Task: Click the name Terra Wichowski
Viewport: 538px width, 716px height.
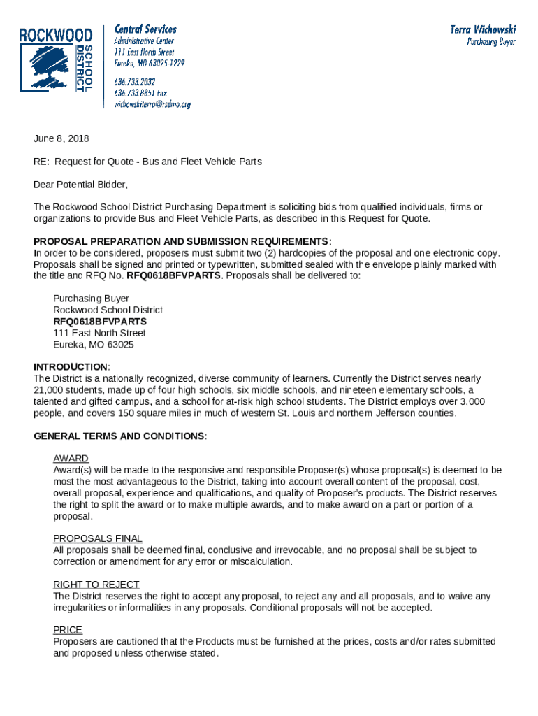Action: click(x=483, y=29)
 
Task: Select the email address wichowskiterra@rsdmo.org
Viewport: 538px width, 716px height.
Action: click(x=152, y=104)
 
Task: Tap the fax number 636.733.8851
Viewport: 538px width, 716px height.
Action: click(x=140, y=93)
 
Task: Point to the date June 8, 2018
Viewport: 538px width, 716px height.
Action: click(x=61, y=138)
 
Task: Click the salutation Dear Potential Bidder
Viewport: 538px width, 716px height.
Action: click(x=81, y=185)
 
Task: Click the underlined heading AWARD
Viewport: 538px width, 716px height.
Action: click(x=71, y=459)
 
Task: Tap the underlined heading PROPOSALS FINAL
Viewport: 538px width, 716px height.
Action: click(x=98, y=538)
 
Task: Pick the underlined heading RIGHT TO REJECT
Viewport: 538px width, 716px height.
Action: click(x=96, y=585)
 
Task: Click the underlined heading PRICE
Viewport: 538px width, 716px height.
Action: click(x=68, y=630)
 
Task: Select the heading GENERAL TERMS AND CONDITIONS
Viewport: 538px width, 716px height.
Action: click(x=119, y=436)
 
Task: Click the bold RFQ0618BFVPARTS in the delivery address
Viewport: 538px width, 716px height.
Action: click(x=100, y=322)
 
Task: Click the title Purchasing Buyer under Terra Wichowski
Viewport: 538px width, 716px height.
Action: click(x=491, y=42)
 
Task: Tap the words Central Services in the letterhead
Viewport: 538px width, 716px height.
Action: click(x=145, y=29)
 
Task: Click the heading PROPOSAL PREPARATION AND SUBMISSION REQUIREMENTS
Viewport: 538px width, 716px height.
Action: click(x=181, y=241)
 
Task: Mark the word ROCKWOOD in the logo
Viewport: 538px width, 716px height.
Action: click(x=55, y=35)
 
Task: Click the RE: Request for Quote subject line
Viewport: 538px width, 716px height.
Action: click(x=147, y=162)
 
